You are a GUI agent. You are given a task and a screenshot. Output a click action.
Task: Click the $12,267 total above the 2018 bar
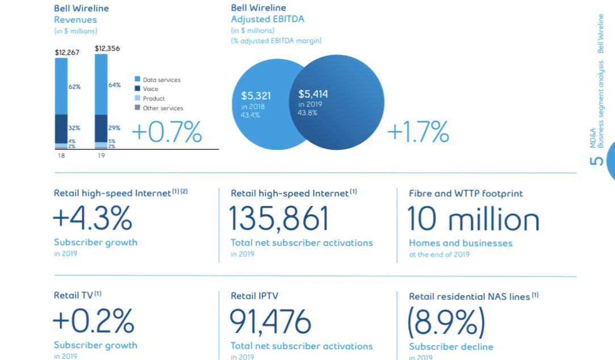tap(66, 52)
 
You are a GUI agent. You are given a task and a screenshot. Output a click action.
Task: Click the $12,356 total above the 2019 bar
tap(107, 49)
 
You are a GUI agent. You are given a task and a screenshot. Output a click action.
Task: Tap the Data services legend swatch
tap(137, 79)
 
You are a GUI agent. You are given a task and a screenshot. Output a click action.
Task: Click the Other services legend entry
tap(162, 108)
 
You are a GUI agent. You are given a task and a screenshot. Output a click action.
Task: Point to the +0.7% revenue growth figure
tap(166, 132)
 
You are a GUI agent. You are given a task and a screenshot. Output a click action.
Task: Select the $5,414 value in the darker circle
tap(313, 94)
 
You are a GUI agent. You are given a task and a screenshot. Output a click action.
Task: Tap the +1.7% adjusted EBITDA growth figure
tap(418, 132)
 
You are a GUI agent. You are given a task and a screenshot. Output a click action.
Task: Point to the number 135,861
tap(279, 219)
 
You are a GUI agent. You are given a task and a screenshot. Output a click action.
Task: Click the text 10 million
tap(474, 219)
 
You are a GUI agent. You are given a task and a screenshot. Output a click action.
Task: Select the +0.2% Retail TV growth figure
tap(94, 322)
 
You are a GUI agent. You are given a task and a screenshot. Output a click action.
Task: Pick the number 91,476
tap(270, 322)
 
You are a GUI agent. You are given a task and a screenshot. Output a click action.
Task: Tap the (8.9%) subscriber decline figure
tap(446, 322)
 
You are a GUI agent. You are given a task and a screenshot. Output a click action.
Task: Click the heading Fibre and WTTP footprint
tap(466, 194)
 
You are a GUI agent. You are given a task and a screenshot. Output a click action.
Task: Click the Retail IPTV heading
tap(254, 296)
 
